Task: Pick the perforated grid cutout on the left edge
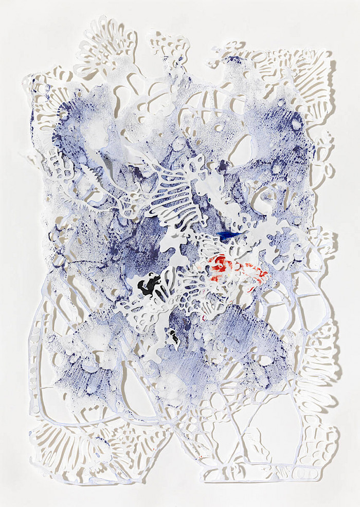pos(57,165)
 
